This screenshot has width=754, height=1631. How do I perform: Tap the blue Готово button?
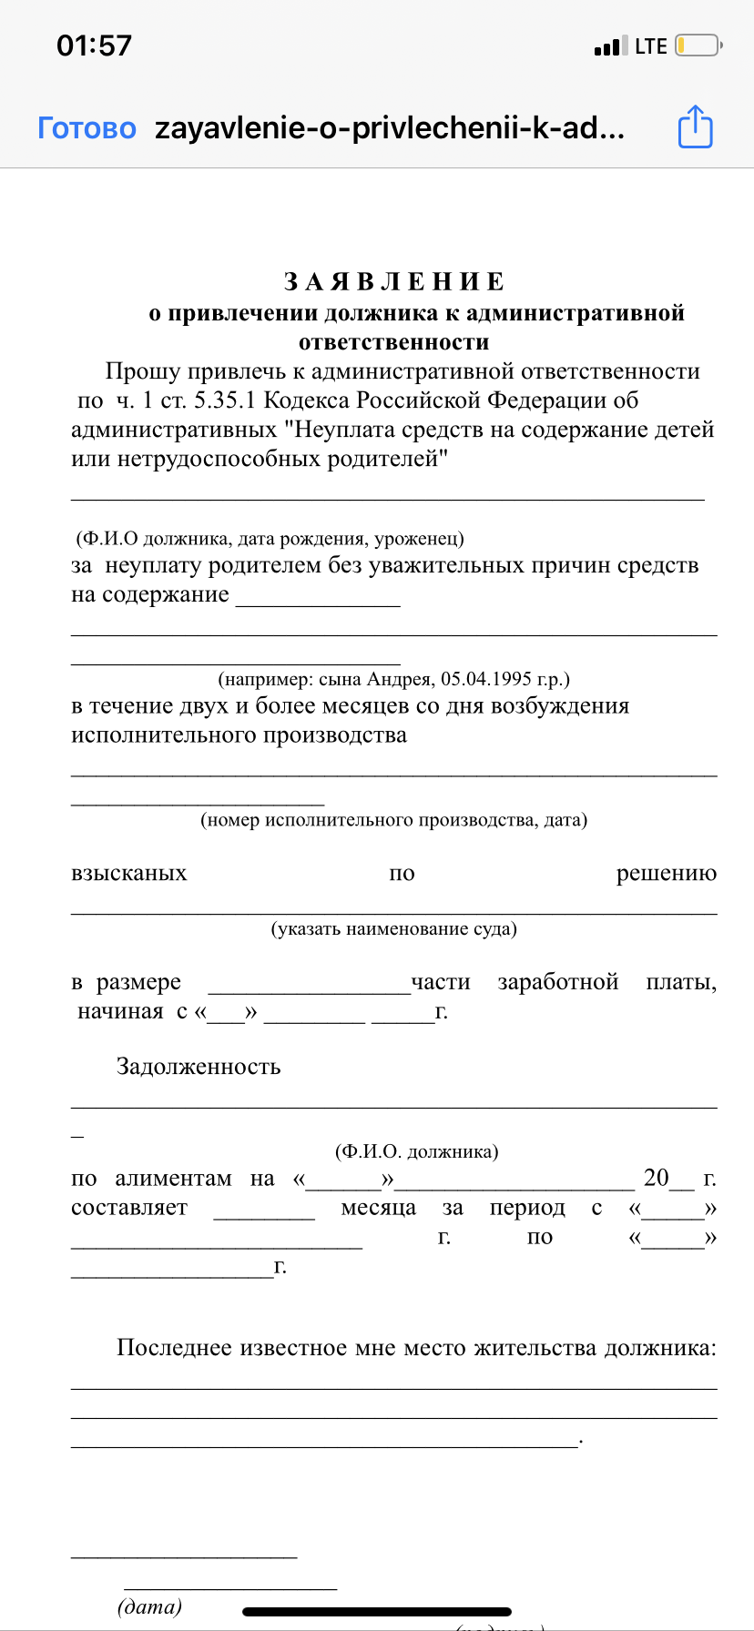(87, 128)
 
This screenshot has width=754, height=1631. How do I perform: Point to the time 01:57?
(94, 46)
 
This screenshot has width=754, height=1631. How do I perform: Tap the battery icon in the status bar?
(698, 46)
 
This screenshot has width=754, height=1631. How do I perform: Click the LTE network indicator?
(650, 46)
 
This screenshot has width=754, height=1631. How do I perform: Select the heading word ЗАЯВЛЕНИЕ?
(394, 281)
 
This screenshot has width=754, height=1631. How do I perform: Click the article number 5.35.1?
(225, 400)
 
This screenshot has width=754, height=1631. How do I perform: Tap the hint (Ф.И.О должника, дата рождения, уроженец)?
(270, 538)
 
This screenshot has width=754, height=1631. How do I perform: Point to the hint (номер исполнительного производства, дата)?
(393, 820)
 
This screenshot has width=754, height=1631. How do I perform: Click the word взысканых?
(128, 874)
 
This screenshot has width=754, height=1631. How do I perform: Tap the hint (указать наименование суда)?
(393, 929)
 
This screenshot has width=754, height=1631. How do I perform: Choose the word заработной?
(557, 982)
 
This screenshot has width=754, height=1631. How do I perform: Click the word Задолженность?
(199, 1067)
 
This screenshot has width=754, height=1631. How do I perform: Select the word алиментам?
(173, 1179)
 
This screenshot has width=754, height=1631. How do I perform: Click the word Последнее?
(174, 1348)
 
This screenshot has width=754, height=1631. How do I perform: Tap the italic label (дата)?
(149, 1607)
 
